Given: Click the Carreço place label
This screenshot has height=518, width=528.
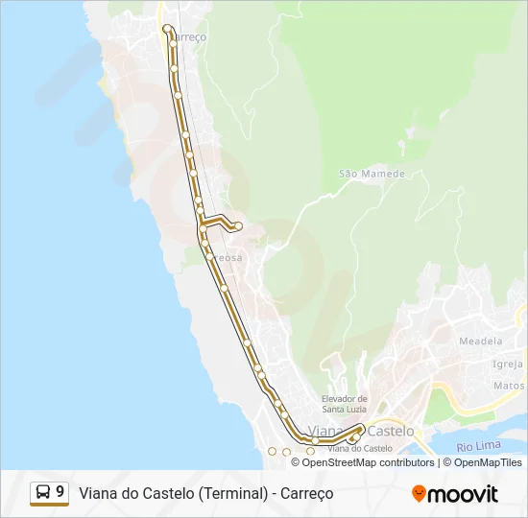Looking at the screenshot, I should tap(189, 36).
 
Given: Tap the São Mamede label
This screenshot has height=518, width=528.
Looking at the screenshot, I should tap(372, 174).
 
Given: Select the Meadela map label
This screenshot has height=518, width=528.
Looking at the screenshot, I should tap(480, 341).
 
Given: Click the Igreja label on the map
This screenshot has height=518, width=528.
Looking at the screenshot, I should tap(508, 365).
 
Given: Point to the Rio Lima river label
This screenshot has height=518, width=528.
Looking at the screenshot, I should tap(477, 446).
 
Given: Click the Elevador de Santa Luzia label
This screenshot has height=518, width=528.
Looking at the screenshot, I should tap(344, 404).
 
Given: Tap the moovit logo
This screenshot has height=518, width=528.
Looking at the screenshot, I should tap(455, 494).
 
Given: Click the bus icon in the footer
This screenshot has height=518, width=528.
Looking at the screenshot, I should tap(43, 493).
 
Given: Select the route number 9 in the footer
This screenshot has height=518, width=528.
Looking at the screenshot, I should tap(60, 493).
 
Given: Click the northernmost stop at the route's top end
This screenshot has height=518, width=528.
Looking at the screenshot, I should tap(167, 28).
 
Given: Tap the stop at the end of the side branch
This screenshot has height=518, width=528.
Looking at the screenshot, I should tap(238, 226).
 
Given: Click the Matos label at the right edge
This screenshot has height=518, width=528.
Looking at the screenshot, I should tap(509, 386).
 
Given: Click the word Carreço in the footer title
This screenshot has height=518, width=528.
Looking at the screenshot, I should tap(306, 494).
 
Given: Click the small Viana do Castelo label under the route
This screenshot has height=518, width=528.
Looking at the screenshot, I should tap(360, 449).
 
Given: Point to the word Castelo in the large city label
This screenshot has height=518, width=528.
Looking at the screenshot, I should tap(391, 431).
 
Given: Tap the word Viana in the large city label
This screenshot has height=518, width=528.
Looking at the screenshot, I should tap(326, 431).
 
